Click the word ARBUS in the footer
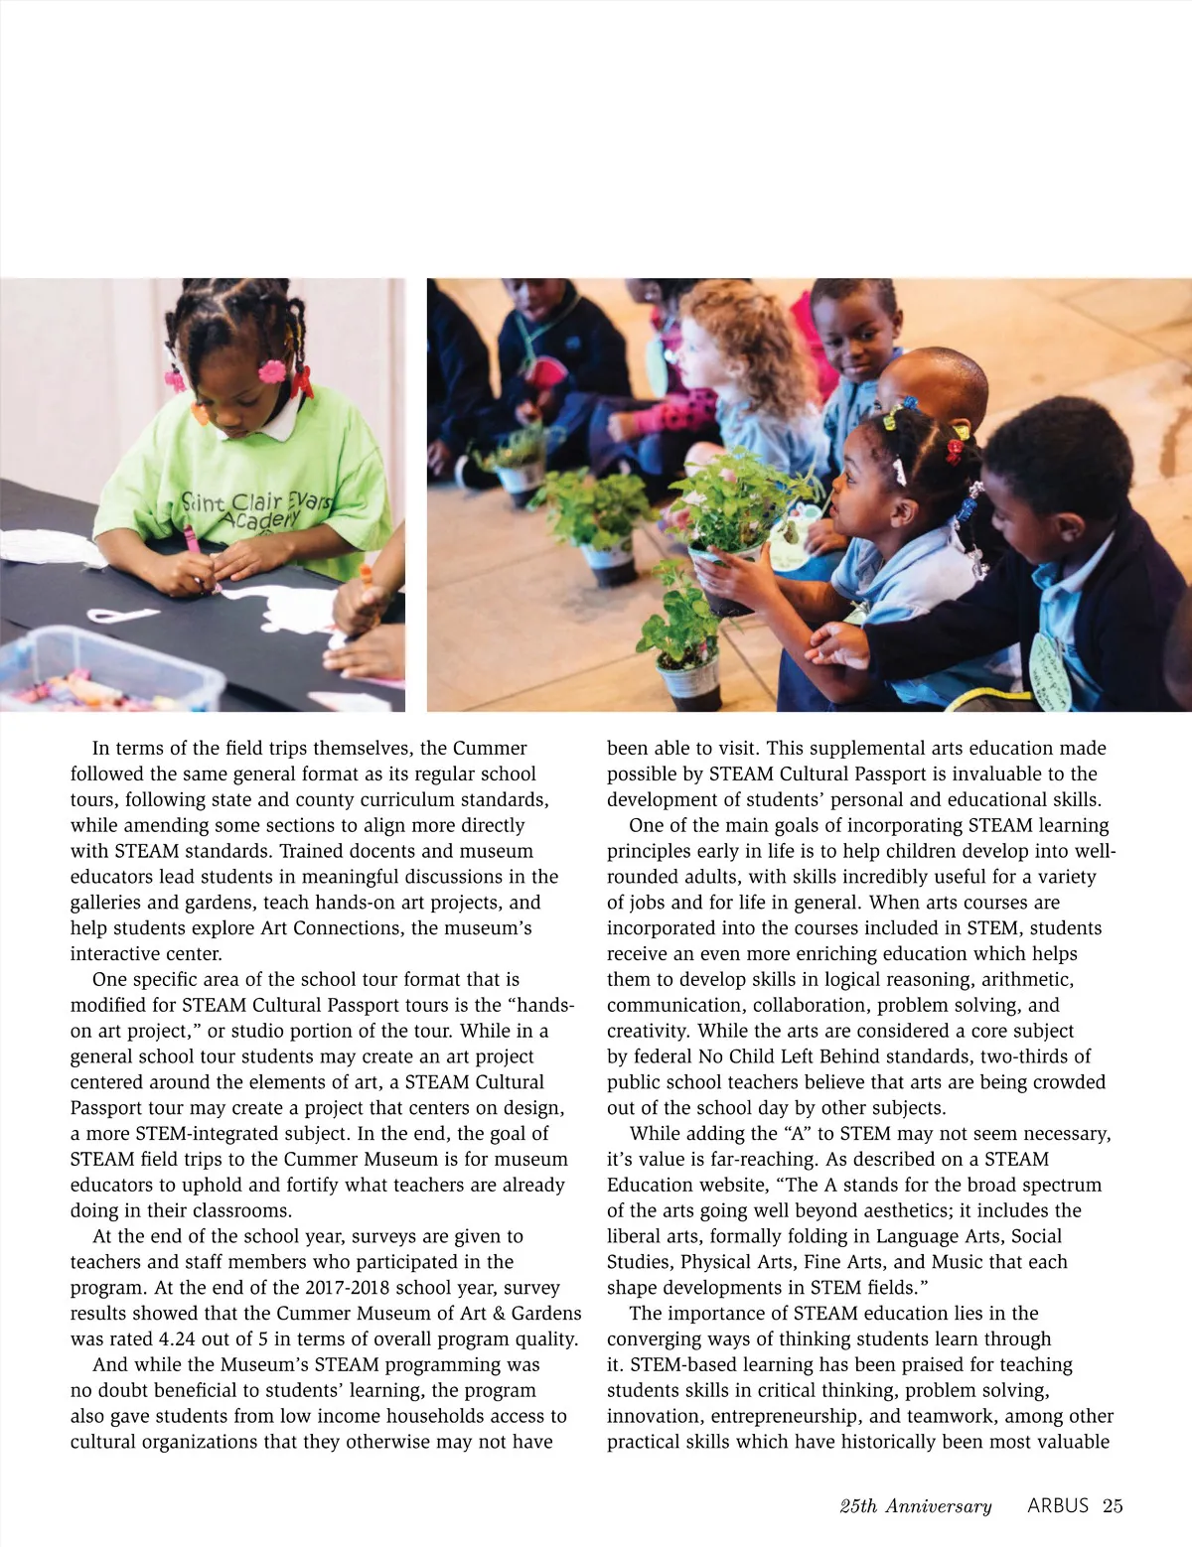1057,1505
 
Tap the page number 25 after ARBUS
1113,1505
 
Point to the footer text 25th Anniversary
915,1506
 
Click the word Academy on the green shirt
260,518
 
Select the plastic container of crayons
109,670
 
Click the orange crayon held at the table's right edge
365,576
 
